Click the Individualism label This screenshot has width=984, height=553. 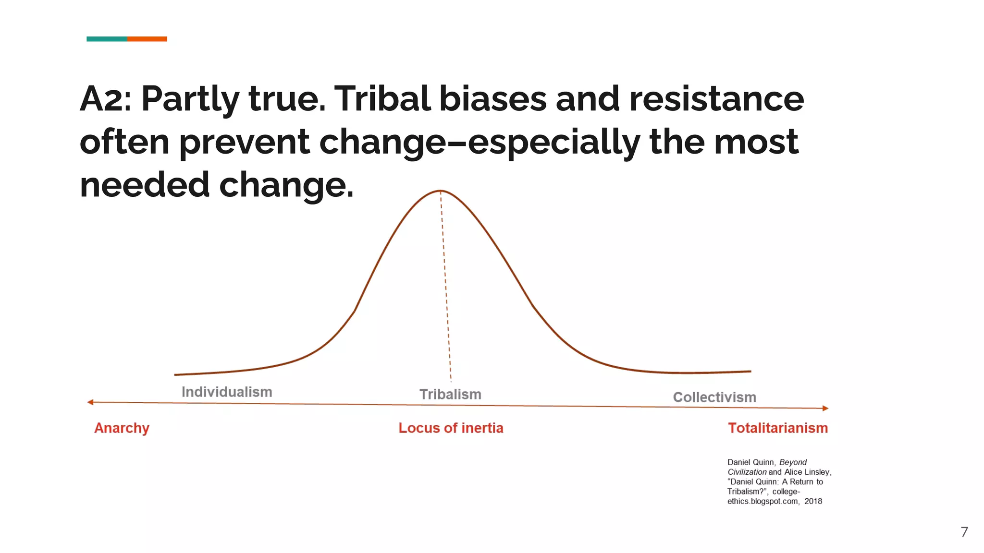pyautogui.click(x=227, y=392)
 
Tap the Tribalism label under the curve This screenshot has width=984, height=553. pyautogui.click(x=450, y=394)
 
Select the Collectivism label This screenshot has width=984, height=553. pyautogui.click(x=714, y=397)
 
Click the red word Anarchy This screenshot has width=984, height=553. pyautogui.click(x=122, y=428)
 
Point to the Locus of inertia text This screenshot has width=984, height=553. pyautogui.click(x=451, y=428)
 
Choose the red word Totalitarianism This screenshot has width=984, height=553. pyautogui.click(x=778, y=428)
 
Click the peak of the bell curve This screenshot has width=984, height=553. pyautogui.click(x=440, y=191)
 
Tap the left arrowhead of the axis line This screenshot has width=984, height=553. pyautogui.click(x=90, y=402)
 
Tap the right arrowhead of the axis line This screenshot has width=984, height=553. pyautogui.click(x=825, y=409)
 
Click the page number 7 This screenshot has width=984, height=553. pyautogui.click(x=964, y=532)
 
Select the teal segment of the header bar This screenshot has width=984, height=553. pyautogui.click(x=107, y=39)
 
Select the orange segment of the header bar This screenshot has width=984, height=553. pyautogui.click(x=147, y=39)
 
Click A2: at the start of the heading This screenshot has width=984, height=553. pyautogui.click(x=105, y=99)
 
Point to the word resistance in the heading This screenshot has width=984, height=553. pyautogui.click(x=716, y=99)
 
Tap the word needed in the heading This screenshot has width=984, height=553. pyautogui.click(x=145, y=185)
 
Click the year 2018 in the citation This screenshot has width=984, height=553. pyautogui.click(x=813, y=501)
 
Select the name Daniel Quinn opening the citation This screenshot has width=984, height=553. pyautogui.click(x=750, y=462)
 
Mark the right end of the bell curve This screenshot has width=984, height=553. pyautogui.click(x=750, y=371)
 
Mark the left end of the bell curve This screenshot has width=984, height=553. pyautogui.click(x=175, y=374)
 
